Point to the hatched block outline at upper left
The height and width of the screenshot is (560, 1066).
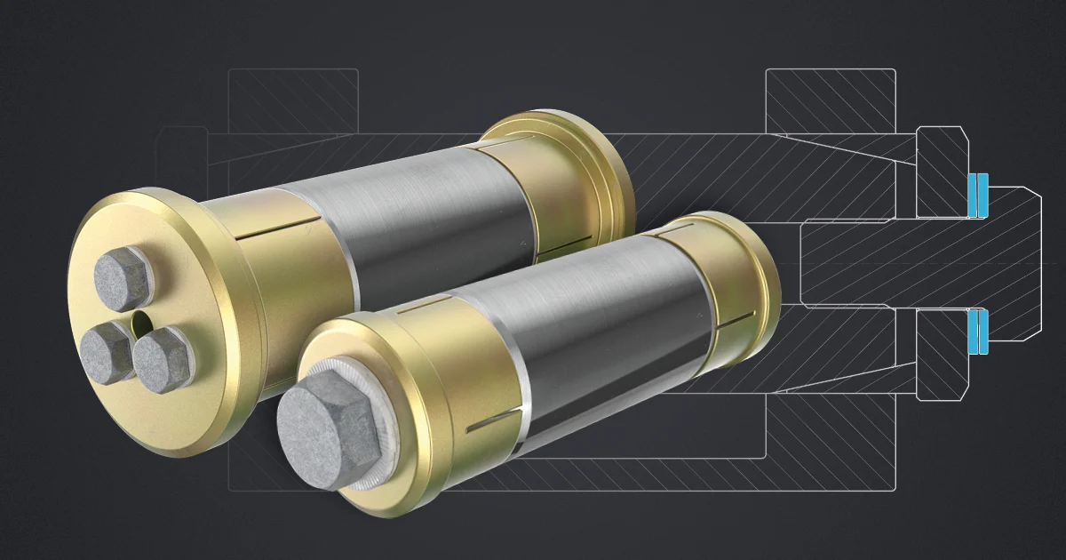[x=293, y=98]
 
